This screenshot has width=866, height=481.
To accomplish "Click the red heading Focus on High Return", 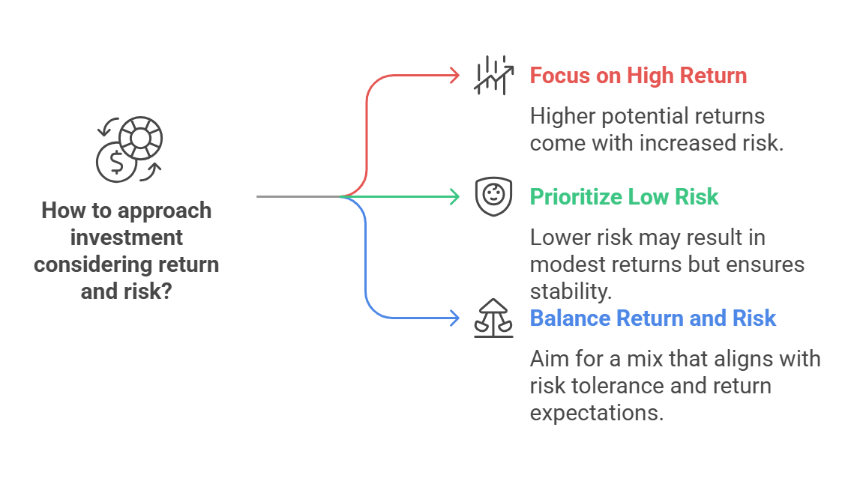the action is [x=638, y=76].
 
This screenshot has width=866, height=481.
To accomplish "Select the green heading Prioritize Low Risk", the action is [x=624, y=197].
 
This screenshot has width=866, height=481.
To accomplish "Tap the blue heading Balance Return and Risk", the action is [x=653, y=318].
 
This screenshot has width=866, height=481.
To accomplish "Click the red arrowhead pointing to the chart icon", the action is [x=455, y=76].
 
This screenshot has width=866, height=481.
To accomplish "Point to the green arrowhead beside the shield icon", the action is [x=455, y=197].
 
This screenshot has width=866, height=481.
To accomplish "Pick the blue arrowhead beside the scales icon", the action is [x=455, y=318].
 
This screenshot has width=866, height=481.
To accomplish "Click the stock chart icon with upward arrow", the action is [x=494, y=76].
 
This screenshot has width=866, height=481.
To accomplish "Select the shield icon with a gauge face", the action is [x=494, y=196].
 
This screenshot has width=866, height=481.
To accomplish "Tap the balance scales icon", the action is [x=494, y=318].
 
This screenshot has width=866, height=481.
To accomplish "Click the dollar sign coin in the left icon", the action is [x=116, y=163].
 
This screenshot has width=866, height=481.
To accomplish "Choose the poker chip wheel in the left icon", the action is [x=141, y=138].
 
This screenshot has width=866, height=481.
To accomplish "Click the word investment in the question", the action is [x=127, y=238].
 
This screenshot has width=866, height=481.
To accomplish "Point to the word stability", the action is [x=571, y=291].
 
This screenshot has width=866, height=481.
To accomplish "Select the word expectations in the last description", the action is [x=597, y=413].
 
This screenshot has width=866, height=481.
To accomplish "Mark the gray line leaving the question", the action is [x=298, y=196].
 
